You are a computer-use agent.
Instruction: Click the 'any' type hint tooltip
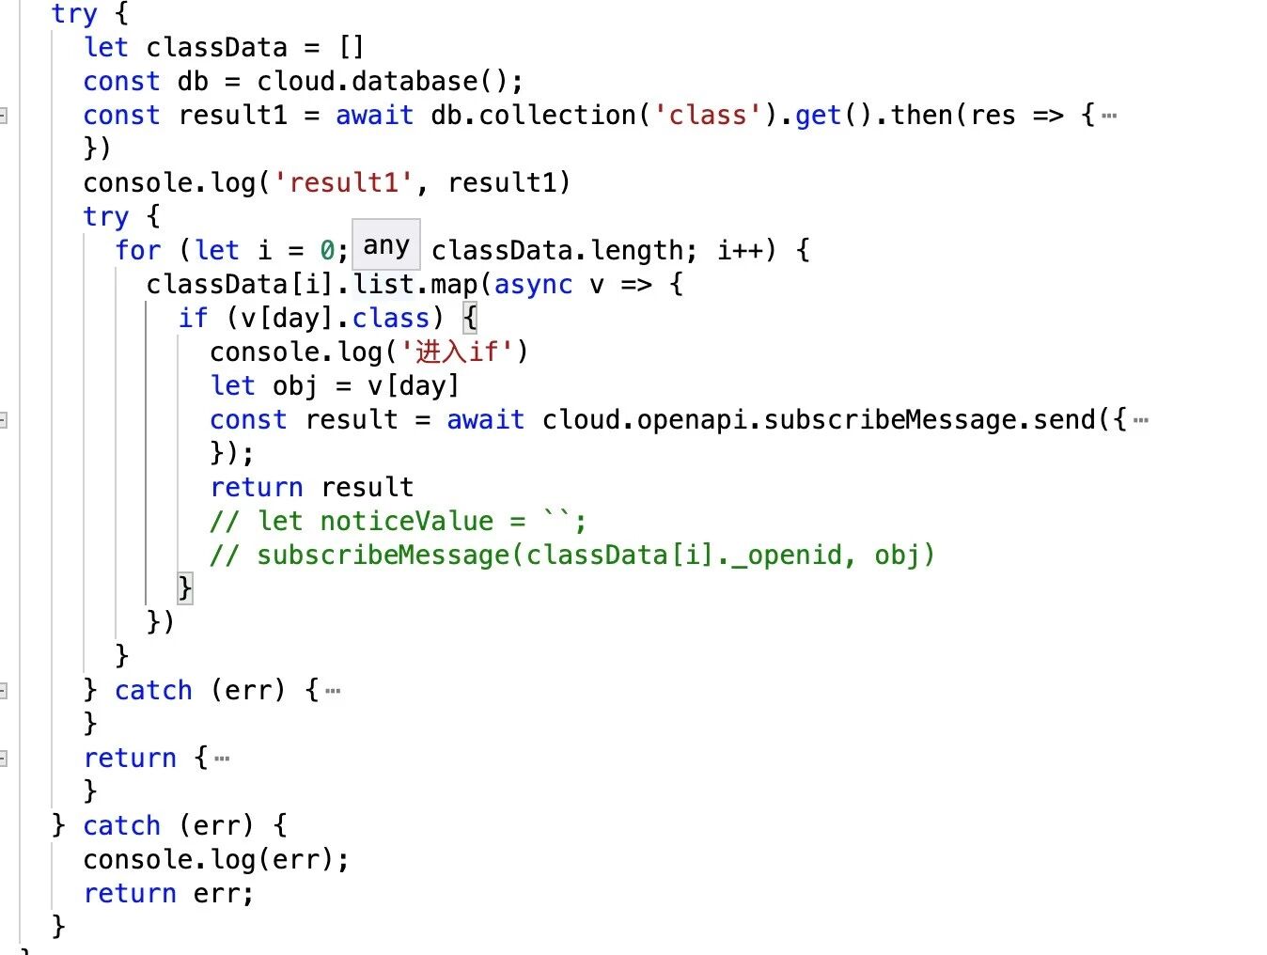385,245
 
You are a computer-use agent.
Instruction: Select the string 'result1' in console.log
343,182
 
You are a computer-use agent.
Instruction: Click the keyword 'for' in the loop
138,250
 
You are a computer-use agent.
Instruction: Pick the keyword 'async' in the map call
533,284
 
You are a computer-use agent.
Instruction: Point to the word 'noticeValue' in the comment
406,521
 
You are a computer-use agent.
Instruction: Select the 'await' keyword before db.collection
374,116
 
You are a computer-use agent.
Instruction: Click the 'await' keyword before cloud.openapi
485,419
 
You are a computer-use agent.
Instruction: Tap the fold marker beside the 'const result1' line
4,116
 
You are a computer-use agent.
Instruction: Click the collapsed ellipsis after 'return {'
222,759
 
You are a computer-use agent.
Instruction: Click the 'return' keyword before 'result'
257,487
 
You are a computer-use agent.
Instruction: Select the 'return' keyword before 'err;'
130,893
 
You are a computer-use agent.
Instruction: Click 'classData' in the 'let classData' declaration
216,48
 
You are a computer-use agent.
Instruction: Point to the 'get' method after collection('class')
818,116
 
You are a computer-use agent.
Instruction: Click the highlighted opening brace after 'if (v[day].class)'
470,318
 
